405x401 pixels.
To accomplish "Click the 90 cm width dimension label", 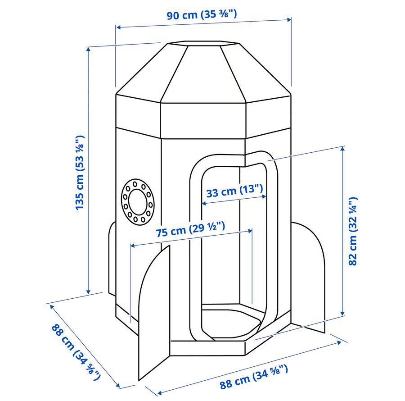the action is click(x=202, y=14).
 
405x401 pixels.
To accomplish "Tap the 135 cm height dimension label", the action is click(x=80, y=172).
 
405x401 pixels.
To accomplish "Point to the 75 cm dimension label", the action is click(x=191, y=229).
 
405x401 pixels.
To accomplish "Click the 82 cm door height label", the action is click(x=353, y=231).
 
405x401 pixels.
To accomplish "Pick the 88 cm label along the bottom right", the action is click(x=254, y=376).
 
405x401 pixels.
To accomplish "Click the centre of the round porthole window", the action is click(x=137, y=202).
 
